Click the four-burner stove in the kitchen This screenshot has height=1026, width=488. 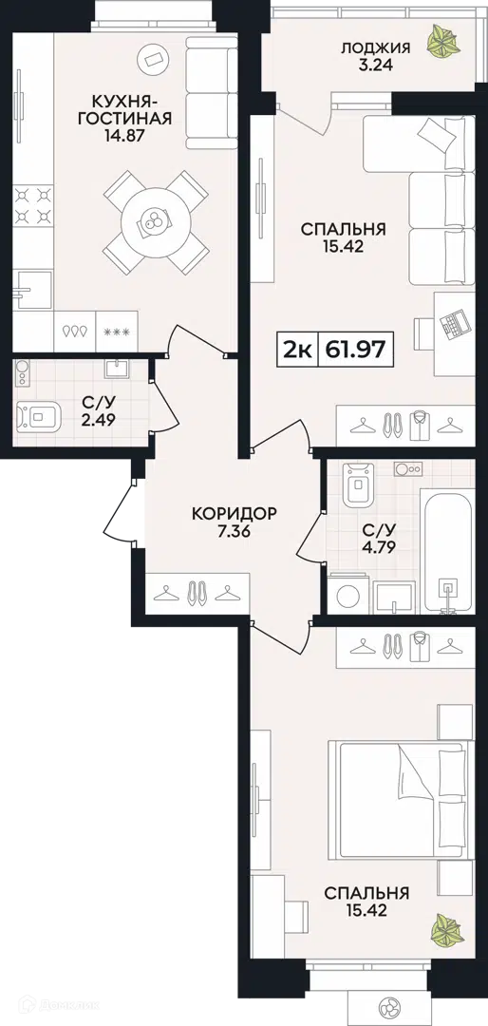coord(33,205)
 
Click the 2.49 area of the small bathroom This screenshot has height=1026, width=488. coord(100,420)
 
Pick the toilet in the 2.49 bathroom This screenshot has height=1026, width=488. coord(37,415)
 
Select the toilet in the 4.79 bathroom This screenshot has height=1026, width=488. coord(358,484)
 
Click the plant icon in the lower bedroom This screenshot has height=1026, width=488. coord(446,930)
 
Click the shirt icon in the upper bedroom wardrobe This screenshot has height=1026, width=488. coord(419,425)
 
